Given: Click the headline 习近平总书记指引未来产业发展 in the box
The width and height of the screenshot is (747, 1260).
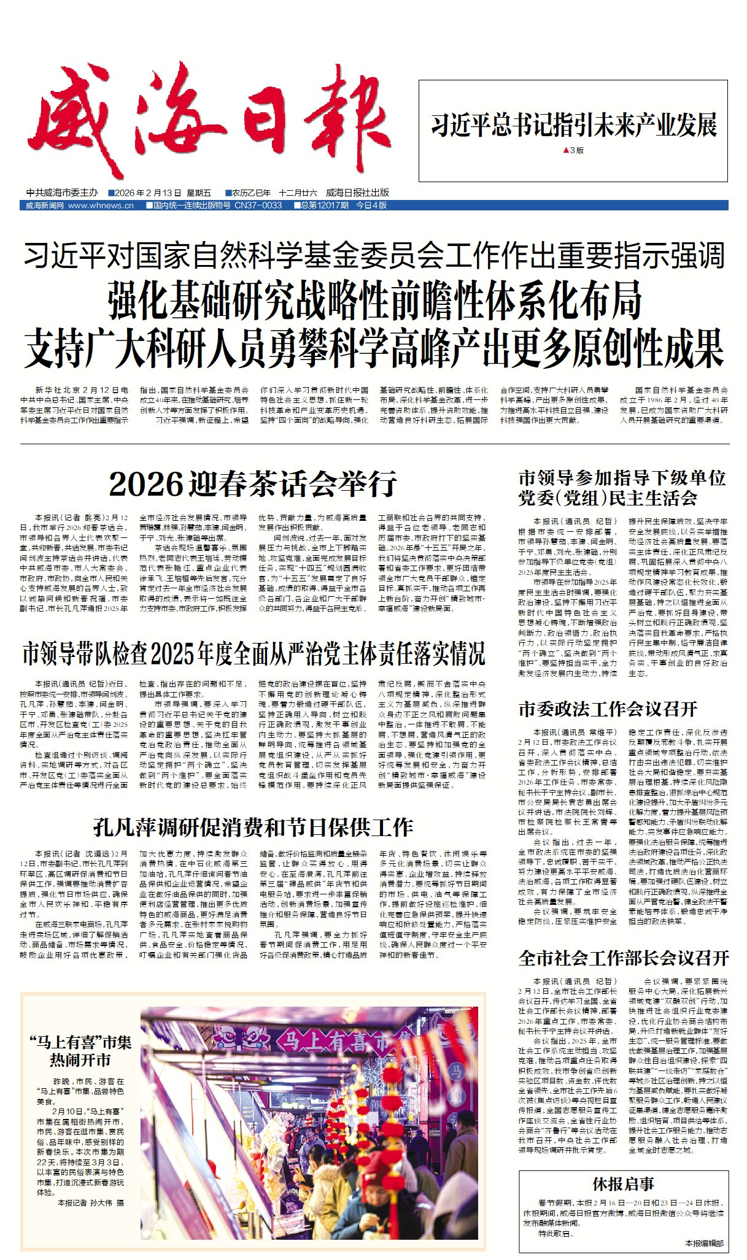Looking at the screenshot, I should tap(573, 125).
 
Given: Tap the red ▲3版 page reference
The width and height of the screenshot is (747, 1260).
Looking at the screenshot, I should tap(573, 150).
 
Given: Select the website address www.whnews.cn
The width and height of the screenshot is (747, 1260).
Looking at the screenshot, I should tap(101, 206).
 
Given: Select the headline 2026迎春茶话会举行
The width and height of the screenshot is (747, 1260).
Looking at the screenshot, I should tap(253, 484).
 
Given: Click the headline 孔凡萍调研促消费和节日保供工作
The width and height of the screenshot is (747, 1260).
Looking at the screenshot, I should tap(253, 828).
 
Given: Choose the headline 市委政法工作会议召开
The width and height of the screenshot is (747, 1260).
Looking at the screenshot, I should tap(608, 709).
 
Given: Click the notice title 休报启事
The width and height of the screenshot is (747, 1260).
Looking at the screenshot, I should tap(623, 1184).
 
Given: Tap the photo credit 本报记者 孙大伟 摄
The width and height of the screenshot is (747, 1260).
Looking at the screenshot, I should tap(91, 1203).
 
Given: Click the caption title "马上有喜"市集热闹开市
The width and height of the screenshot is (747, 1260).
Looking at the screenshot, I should tap(80, 1051).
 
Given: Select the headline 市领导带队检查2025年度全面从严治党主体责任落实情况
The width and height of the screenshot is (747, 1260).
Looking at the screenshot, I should tap(253, 655).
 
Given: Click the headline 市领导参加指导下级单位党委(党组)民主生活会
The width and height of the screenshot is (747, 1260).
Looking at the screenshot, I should tap(622, 488).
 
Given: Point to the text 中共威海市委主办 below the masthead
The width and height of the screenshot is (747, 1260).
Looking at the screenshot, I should tap(62, 193).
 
